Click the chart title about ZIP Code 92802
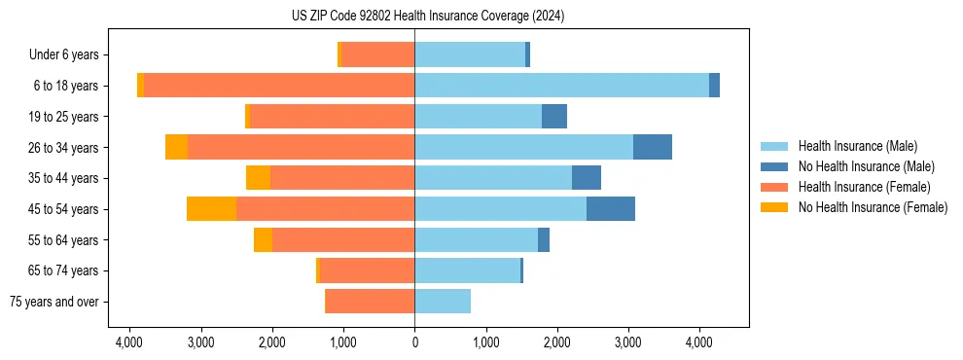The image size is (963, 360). [427, 17]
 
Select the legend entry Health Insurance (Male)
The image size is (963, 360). [852, 146]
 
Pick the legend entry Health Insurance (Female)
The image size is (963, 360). [856, 187]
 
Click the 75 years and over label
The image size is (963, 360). [54, 302]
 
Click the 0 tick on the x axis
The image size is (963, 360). [414, 342]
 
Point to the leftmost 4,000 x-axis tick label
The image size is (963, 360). [129, 342]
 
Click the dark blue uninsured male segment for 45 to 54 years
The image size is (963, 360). [611, 209]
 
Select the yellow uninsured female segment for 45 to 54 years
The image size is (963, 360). [211, 209]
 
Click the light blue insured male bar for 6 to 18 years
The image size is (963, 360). [561, 86]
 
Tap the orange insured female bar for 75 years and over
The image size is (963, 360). [370, 302]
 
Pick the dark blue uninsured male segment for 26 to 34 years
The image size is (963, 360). [653, 147]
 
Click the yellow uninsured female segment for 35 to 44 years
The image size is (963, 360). [258, 178]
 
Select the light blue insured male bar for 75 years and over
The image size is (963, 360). [443, 302]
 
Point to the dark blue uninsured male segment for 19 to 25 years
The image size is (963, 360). [554, 117]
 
